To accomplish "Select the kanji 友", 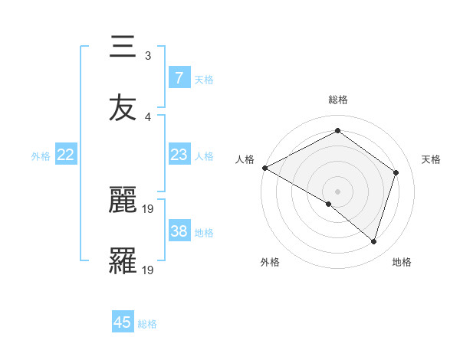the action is (x=123, y=107).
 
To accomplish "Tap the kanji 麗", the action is (x=123, y=201).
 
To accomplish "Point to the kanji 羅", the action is (x=123, y=260).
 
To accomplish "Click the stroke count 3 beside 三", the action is (x=147, y=56).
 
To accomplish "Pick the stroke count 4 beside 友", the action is (x=147, y=116).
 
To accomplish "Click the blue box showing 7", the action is (x=179, y=77).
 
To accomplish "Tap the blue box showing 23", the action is (x=179, y=155).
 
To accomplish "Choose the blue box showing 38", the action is (x=179, y=231).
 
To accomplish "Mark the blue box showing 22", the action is (x=66, y=155).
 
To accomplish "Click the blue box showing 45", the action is (x=123, y=322).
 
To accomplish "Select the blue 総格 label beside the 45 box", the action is (x=147, y=324).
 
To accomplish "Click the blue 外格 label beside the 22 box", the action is (x=41, y=156).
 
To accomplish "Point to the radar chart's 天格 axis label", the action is (x=431, y=159).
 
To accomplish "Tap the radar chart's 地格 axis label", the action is (x=402, y=262).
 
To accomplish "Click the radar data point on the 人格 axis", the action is (x=264, y=168).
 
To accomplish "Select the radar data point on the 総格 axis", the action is (x=337, y=131).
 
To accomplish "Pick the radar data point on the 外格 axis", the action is (x=329, y=204).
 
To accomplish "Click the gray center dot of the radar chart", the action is (x=337, y=191).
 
